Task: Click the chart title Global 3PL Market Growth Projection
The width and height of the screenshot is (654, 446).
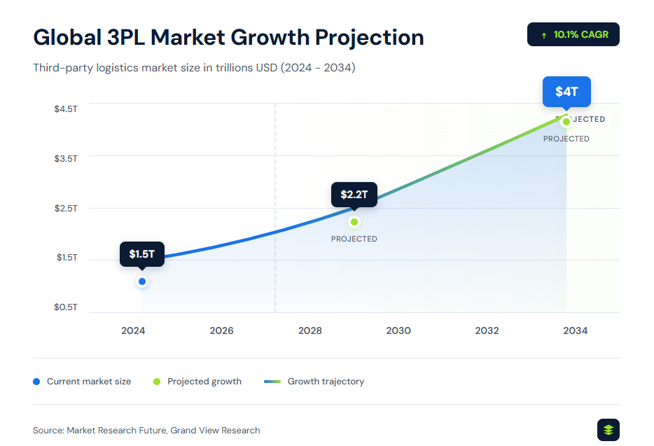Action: click(228, 37)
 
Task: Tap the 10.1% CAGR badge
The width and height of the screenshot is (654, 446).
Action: click(573, 34)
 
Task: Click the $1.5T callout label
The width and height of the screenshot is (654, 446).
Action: click(141, 254)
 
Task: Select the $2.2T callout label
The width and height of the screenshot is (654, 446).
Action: click(354, 195)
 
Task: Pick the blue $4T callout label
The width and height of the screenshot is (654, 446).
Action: click(566, 92)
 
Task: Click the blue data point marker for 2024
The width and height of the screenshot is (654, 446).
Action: click(142, 281)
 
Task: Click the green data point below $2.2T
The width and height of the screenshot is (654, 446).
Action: click(354, 222)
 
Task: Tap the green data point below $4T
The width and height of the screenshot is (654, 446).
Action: click(566, 122)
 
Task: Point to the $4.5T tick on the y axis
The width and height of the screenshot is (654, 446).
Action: click(66, 109)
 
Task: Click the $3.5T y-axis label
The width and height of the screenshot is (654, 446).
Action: click(66, 159)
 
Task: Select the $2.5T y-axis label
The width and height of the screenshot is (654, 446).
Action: click(66, 209)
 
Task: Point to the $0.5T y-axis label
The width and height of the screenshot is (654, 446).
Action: click(66, 307)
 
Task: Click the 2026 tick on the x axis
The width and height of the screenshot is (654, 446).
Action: click(221, 330)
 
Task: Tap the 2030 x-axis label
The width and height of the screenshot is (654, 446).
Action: click(398, 330)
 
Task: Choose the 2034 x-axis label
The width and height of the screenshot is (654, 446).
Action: click(576, 330)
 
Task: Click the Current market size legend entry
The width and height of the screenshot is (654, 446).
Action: click(82, 382)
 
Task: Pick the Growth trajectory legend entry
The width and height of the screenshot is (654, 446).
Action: click(314, 382)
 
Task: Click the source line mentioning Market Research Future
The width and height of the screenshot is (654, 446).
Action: click(146, 430)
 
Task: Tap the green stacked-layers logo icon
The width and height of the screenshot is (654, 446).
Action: click(608, 430)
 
